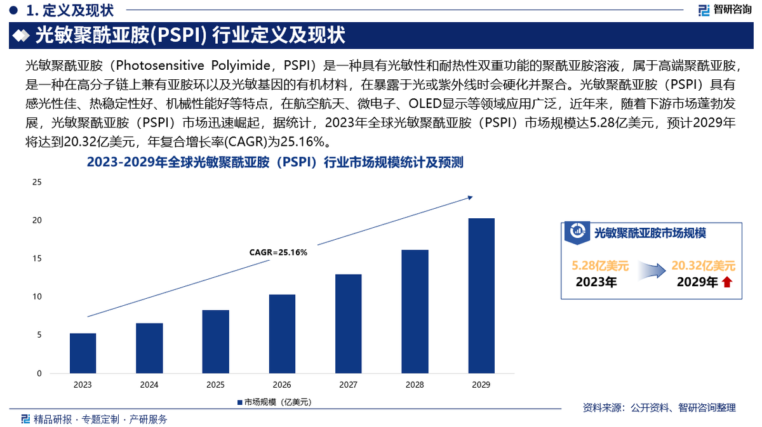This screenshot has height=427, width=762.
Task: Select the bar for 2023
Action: coord(83,353)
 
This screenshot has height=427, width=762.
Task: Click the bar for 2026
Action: coord(282,334)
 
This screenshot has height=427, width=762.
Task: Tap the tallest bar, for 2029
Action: coord(481,296)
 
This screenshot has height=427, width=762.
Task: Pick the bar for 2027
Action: coord(349,324)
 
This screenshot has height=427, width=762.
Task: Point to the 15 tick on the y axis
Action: coord(37,259)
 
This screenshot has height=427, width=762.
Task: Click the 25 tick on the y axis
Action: coord(37,183)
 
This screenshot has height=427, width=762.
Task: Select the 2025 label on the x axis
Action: coord(215,385)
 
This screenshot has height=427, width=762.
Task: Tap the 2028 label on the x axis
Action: coord(415,385)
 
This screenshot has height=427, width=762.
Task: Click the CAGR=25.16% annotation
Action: coord(278,253)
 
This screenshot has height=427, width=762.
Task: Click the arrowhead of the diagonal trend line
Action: coord(470,197)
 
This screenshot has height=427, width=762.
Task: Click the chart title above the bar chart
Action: coord(274,163)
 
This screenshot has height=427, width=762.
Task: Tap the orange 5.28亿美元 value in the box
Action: coord(600,266)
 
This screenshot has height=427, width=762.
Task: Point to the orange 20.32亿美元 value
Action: coord(704,266)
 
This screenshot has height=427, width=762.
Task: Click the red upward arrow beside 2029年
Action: coord(727,283)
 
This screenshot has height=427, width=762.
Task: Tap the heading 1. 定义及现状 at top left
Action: coord(67,10)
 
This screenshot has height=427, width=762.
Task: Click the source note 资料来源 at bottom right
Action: coord(658,407)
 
